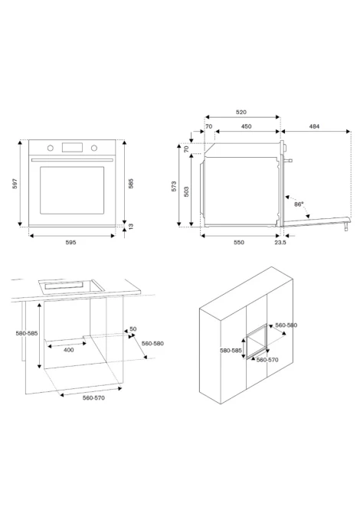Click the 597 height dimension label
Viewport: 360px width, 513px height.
coord(15,184)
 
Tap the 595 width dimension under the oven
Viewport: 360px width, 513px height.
coord(70,243)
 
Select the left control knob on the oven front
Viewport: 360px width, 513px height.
coord(50,149)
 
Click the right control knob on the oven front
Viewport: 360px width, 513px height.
coord(94,149)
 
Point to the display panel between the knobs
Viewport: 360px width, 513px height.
coord(72,148)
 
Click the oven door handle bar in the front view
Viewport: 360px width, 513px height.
coord(72,160)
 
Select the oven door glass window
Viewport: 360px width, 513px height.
coord(72,191)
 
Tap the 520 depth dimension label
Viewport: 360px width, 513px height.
coord(241,113)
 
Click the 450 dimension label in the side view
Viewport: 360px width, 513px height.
coord(246,126)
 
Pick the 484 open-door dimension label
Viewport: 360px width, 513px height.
coord(314,126)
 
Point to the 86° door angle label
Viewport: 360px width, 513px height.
coord(299,204)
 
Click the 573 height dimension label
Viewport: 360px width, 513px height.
coord(174,186)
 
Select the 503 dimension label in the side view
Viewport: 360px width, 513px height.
coord(186,191)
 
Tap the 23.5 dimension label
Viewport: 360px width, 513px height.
coord(280,243)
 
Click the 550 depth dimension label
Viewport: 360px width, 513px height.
coord(238,243)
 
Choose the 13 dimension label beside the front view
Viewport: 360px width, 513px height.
coord(131,226)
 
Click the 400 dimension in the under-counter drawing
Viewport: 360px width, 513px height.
coord(68,350)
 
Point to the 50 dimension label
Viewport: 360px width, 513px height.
coord(133,328)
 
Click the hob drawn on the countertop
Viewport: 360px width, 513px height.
coord(71,286)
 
